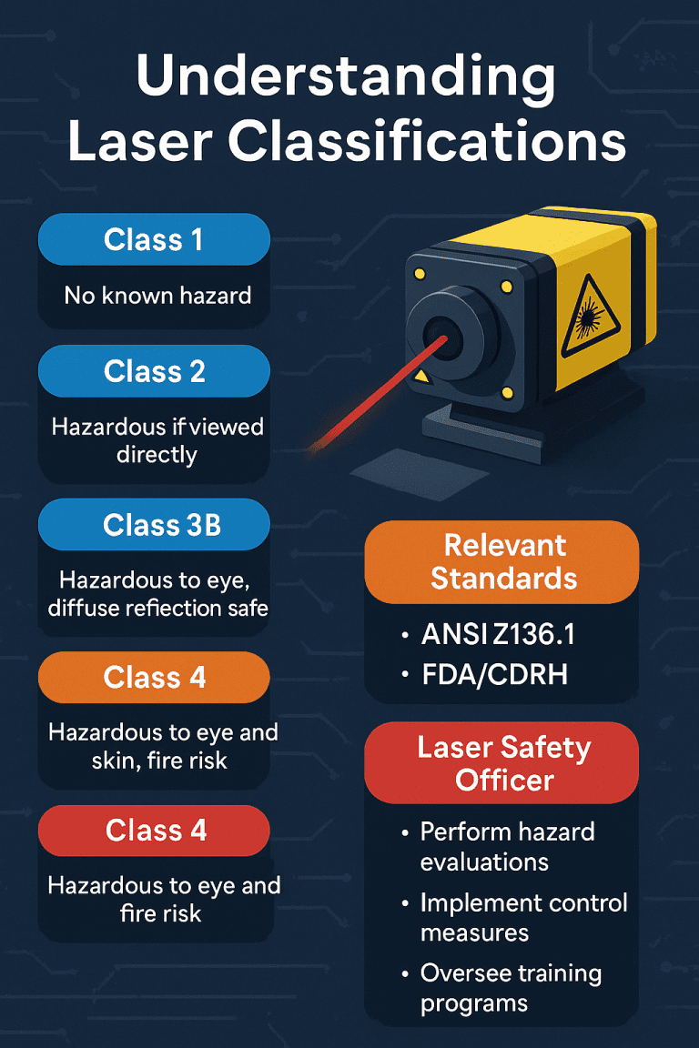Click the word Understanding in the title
[x=347, y=80]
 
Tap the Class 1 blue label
[x=154, y=240]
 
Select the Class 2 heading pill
[x=154, y=371]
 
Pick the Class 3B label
[x=154, y=525]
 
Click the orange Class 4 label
[x=154, y=677]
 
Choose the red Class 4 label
[x=154, y=830]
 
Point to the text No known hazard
[x=157, y=295]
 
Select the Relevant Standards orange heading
[x=502, y=561]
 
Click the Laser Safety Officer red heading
[x=502, y=763]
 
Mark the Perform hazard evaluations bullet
[x=506, y=846]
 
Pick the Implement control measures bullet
[x=522, y=917]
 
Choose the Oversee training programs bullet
[x=510, y=988]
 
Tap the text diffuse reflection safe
[x=158, y=607]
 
